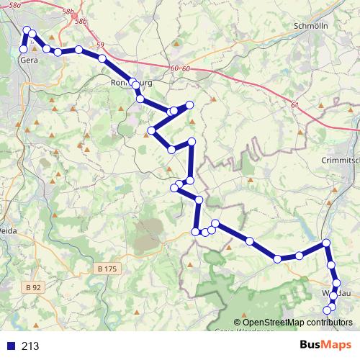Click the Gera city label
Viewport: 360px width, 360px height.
pos(29,60)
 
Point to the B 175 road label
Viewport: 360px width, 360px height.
pos(107,269)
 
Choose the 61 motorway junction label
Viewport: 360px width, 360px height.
pos(294,105)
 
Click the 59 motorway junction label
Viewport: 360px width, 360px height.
pos(99,45)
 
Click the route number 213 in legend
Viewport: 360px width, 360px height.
pos(30,346)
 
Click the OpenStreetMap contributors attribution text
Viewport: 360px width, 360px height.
pos(293,322)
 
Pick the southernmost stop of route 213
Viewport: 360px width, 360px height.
pos(328,310)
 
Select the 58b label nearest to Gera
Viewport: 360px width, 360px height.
pos(69,12)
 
